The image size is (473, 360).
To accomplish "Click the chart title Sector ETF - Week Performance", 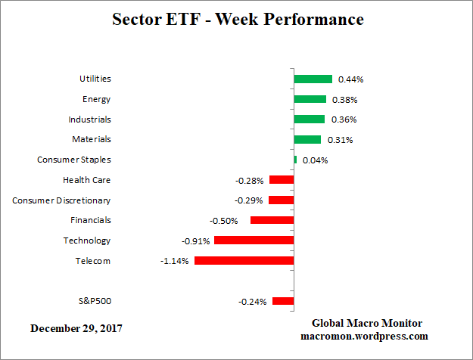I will [x=238, y=19].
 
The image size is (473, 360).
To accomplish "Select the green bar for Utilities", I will [x=313, y=79].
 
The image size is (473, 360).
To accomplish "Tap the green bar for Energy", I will [x=310, y=99].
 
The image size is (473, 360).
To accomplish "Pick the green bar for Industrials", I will [x=310, y=119].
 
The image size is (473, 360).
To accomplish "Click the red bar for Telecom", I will [x=244, y=261].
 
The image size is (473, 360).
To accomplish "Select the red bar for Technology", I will [x=254, y=241].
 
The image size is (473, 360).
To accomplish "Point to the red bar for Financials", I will [x=272, y=220].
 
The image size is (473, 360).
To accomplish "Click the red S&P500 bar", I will [x=283, y=301].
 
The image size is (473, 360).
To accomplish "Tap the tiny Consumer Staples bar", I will [x=295, y=160].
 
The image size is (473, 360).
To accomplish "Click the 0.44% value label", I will [x=350, y=79].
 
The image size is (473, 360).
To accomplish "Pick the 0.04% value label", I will [x=315, y=160].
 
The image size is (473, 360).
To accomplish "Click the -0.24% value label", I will [x=252, y=302].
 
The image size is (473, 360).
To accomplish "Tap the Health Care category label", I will [x=87, y=180].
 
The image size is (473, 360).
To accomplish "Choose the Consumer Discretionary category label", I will [x=61, y=200].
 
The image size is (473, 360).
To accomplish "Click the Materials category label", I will [x=92, y=139].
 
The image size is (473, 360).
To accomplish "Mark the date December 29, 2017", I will [x=76, y=329].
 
